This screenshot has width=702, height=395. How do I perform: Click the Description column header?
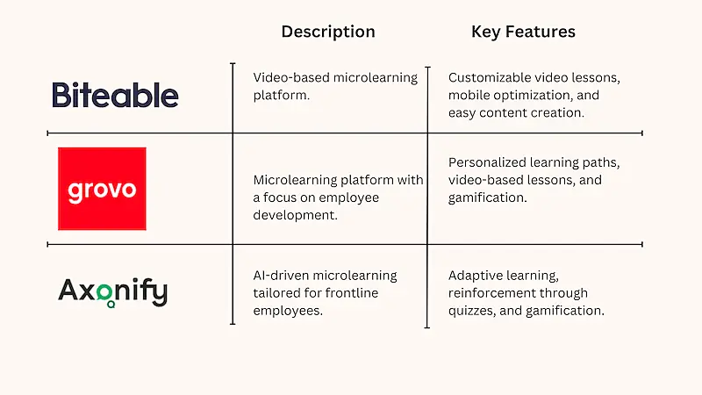327,32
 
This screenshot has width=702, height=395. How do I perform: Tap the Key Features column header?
523,32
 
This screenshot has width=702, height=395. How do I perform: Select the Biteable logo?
115,95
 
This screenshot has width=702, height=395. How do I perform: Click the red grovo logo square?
102,189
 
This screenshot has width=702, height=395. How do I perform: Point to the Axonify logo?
112,291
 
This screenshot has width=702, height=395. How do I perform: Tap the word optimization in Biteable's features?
530,95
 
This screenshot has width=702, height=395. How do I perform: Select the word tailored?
275,293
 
